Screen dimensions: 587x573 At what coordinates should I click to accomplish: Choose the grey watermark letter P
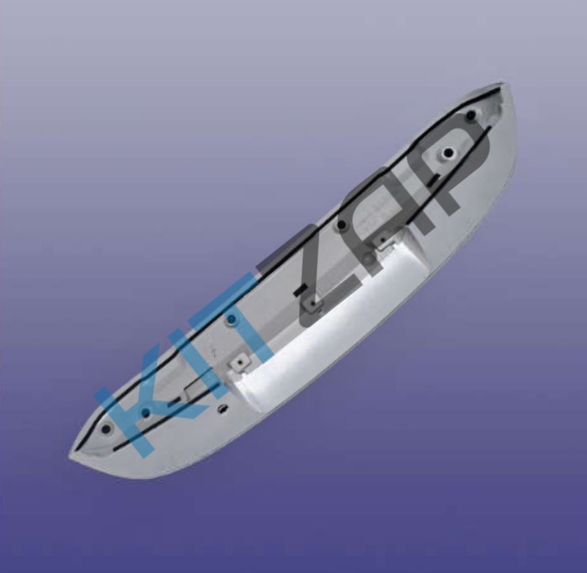coord(453,165)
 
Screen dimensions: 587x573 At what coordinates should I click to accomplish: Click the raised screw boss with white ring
coord(448,152)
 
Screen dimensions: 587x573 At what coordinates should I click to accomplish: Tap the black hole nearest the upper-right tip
coord(472,114)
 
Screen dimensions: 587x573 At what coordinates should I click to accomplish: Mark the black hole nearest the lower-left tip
coord(106,429)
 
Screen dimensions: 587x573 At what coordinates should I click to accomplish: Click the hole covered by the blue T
coord(232,319)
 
